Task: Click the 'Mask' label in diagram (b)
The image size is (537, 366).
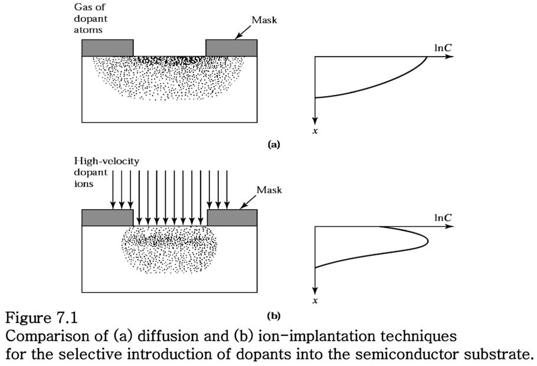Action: (x=269, y=190)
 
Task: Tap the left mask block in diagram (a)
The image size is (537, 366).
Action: (x=107, y=47)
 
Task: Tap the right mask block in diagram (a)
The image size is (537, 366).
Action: (x=231, y=47)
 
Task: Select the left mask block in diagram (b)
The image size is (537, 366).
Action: (x=107, y=217)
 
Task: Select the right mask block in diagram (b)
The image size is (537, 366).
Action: (x=232, y=217)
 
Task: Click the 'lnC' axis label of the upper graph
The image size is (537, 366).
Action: (x=443, y=45)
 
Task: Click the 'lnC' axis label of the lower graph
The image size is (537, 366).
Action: (x=443, y=217)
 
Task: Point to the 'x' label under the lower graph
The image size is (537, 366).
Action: (x=316, y=301)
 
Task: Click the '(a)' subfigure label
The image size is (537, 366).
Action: (x=273, y=144)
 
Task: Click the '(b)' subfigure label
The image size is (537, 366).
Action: (x=273, y=315)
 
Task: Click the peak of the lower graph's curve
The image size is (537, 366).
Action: (x=427, y=240)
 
